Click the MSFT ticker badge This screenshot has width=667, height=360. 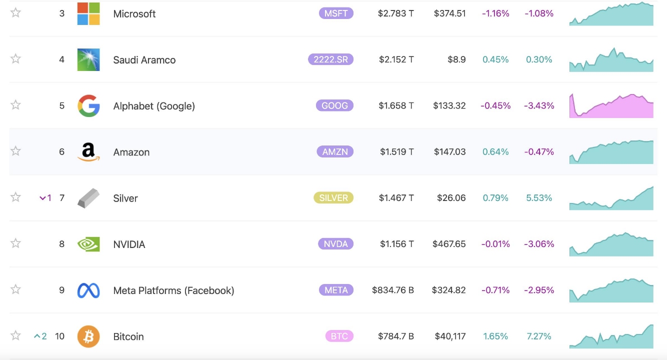click(336, 13)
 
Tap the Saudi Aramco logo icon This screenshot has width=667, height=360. click(88, 59)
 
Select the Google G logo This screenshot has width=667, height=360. click(88, 105)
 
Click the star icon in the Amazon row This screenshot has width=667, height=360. click(16, 151)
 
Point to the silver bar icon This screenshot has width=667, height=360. click(88, 198)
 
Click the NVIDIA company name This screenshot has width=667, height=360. click(129, 244)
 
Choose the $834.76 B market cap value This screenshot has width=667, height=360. click(392, 290)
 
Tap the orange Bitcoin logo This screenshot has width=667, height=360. click(88, 336)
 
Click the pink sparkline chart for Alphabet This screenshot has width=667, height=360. click(611, 106)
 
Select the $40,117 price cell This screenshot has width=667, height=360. click(450, 336)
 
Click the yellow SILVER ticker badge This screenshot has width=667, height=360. click(333, 198)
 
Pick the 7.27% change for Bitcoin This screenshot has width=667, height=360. click(539, 336)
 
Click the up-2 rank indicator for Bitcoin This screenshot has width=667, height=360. click(40, 336)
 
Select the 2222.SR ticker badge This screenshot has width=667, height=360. click(330, 59)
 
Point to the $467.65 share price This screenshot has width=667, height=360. click(449, 244)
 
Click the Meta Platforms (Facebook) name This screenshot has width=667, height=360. click(173, 290)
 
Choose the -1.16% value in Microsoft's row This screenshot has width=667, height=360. click(495, 13)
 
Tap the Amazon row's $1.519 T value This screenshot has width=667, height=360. click(396, 151)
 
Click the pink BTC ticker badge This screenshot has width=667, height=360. click(339, 336)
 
